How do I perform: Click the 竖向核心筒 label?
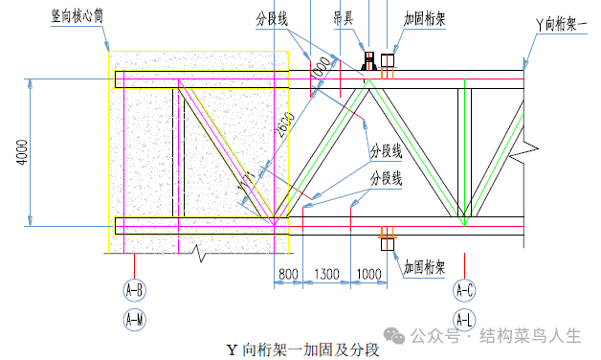coord(83,17)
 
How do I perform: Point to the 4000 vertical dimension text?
coord(21,152)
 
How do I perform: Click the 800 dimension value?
coord(288,275)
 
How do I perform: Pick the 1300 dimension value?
coord(327,275)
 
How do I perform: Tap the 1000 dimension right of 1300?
coord(368,275)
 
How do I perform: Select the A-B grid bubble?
coord(135,288)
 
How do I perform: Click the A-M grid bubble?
coord(135,319)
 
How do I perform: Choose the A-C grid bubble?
coord(466,288)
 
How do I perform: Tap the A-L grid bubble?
coord(466,319)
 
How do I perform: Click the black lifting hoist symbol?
coord(367,62)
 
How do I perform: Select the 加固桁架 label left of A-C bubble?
coord(424,267)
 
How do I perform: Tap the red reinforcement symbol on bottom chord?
coord(388,236)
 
